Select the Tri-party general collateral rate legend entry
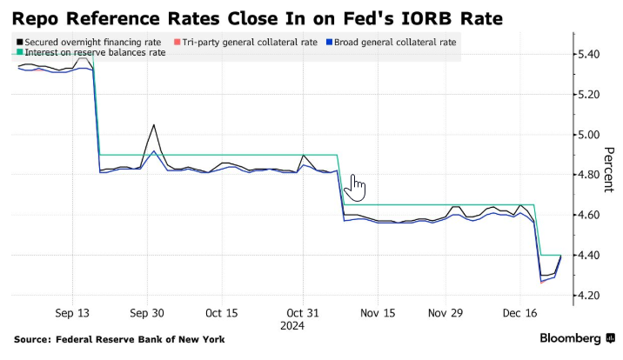243,42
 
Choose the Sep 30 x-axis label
147,313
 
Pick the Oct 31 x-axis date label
304,313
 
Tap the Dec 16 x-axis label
520,313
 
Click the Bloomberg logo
575,338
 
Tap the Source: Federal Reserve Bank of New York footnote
119,339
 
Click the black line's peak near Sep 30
154,124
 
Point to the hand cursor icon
357,187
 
